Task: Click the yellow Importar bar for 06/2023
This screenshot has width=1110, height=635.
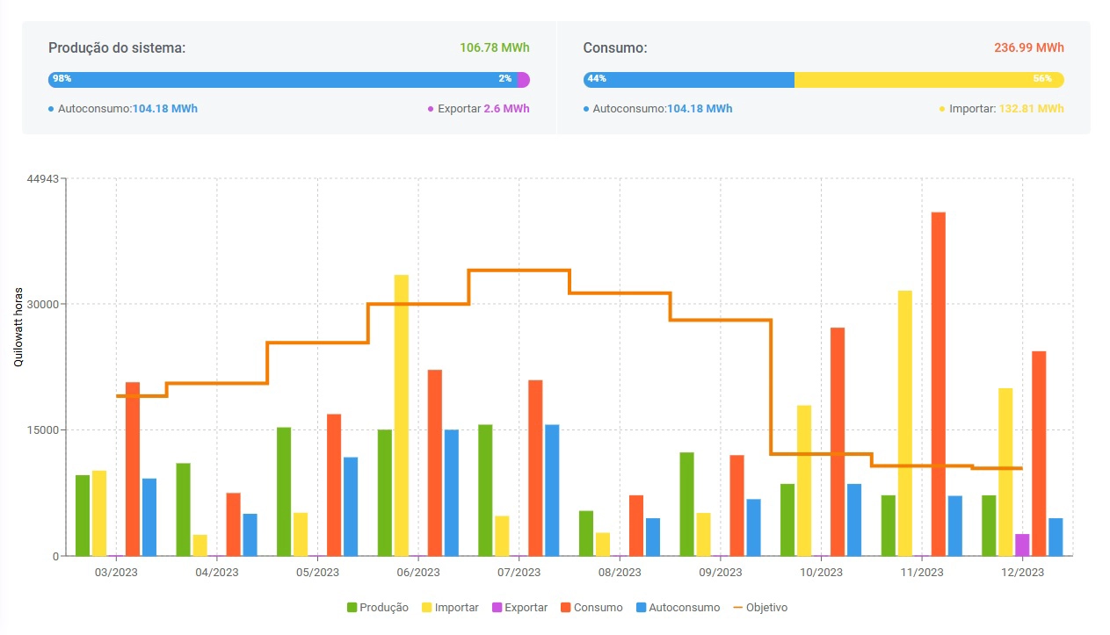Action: (x=402, y=415)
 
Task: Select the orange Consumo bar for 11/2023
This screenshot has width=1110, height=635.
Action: (x=939, y=384)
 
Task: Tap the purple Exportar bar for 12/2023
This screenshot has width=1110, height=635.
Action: (x=1022, y=545)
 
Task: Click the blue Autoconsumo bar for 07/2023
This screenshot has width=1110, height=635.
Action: (x=552, y=490)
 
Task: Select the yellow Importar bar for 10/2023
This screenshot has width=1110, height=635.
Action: (x=804, y=480)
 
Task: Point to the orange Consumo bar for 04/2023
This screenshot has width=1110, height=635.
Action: (x=233, y=524)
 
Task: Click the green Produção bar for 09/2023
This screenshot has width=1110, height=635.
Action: (x=686, y=504)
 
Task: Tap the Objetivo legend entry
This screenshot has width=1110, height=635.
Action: (x=761, y=608)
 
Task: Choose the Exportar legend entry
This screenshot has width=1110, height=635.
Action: (x=520, y=608)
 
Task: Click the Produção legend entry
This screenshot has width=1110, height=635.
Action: (x=378, y=608)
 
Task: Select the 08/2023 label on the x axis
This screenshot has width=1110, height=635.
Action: (x=620, y=573)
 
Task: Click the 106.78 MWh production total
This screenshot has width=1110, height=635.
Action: (x=495, y=47)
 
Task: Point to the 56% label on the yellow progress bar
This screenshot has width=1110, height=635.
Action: (x=1042, y=79)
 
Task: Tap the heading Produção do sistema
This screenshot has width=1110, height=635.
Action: (x=117, y=47)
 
